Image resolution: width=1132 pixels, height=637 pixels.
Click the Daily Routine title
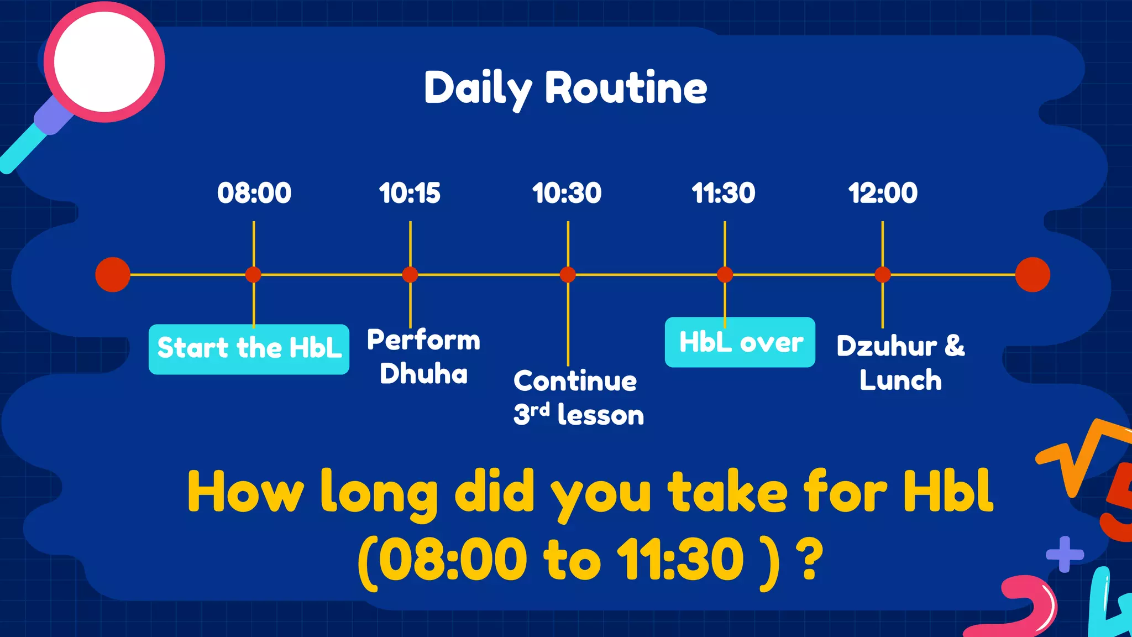click(565, 88)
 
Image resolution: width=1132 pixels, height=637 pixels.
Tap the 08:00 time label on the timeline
click(254, 193)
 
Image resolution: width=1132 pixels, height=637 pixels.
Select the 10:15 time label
click(410, 193)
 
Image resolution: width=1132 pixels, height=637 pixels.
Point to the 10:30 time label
click(567, 193)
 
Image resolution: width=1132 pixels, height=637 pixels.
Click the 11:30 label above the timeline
click(724, 193)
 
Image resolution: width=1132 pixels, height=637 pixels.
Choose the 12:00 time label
click(883, 193)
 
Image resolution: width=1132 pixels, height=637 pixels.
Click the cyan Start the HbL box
click(249, 349)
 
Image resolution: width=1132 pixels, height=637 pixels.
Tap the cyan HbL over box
click(740, 342)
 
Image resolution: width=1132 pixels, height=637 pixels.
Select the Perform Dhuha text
click(423, 357)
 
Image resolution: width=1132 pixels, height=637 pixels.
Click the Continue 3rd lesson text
click(578, 398)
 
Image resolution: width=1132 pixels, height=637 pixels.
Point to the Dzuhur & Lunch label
click(900, 363)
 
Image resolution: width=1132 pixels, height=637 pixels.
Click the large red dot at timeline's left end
click(113, 274)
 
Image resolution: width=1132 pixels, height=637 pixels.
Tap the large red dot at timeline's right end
click(1033, 274)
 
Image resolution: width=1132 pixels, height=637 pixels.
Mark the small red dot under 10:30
click(568, 274)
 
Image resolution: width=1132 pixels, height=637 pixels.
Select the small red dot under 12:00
click(883, 274)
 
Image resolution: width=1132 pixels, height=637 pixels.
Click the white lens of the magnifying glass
click(104, 61)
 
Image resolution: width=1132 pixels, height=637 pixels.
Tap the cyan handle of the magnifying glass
click(22, 149)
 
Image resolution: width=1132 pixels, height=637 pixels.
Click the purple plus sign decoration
click(1065, 554)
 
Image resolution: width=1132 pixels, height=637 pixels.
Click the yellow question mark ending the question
click(810, 560)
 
